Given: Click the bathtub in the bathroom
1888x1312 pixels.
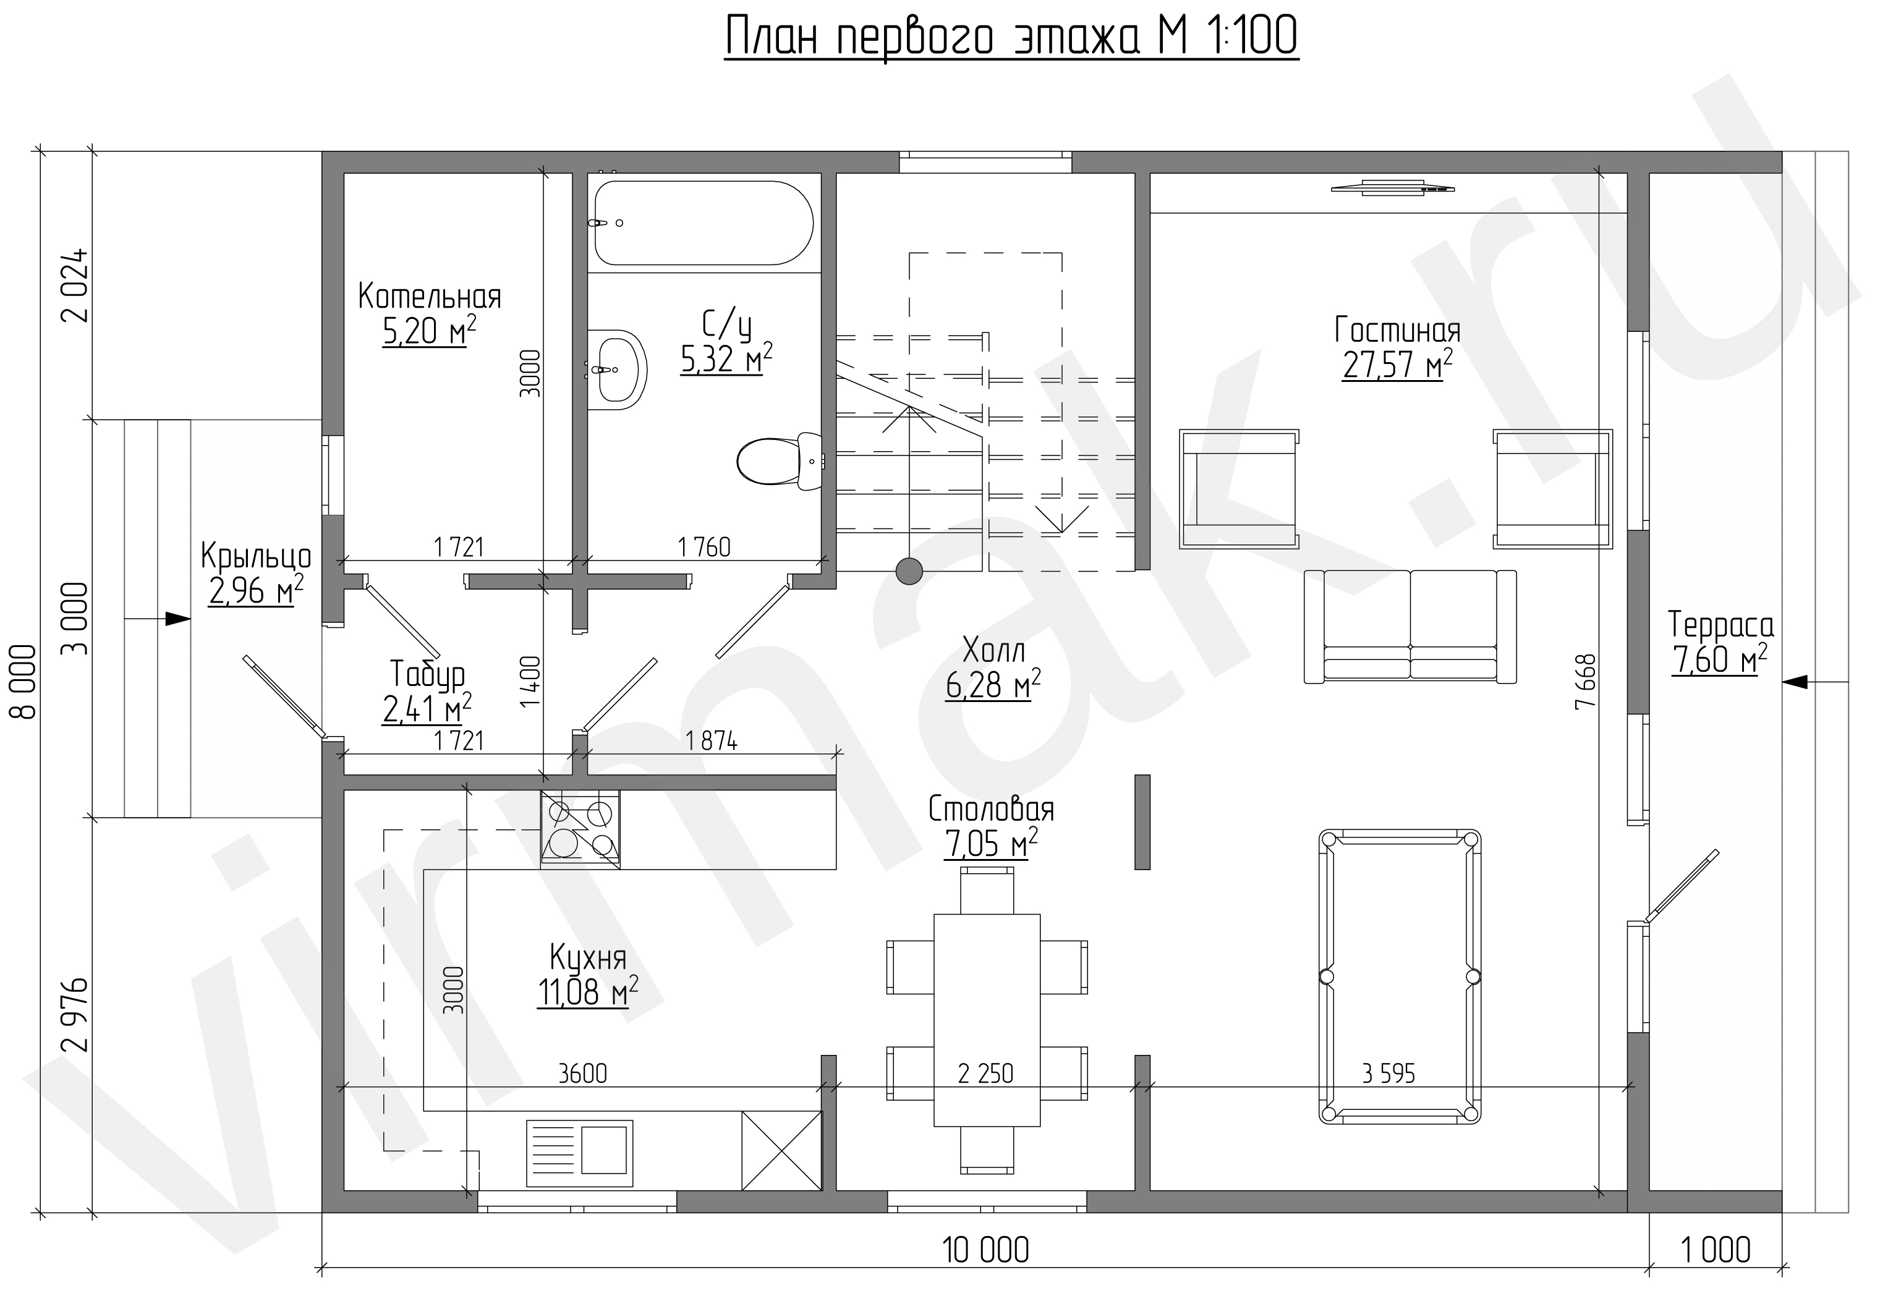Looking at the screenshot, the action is coord(704,222).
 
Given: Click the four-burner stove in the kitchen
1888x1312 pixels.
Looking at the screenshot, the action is coord(580,829).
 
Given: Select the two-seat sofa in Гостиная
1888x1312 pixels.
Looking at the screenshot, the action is coord(1410,627).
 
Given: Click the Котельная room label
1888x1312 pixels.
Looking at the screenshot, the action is coord(429,296).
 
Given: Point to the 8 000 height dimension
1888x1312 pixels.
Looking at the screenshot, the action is coord(24,682).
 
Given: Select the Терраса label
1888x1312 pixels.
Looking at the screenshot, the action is coord(1720,625).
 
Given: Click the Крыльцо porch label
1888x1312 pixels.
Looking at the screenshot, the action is coord(257,557).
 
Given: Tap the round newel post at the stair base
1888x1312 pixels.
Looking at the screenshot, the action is coord(909,570).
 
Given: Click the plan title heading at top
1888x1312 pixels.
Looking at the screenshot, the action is coord(1011,37).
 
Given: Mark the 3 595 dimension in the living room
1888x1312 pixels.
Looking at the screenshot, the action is coord(1389,1073).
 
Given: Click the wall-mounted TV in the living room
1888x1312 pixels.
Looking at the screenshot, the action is coord(1393,187).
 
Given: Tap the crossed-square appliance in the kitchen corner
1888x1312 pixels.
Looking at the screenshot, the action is coord(782,1150).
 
